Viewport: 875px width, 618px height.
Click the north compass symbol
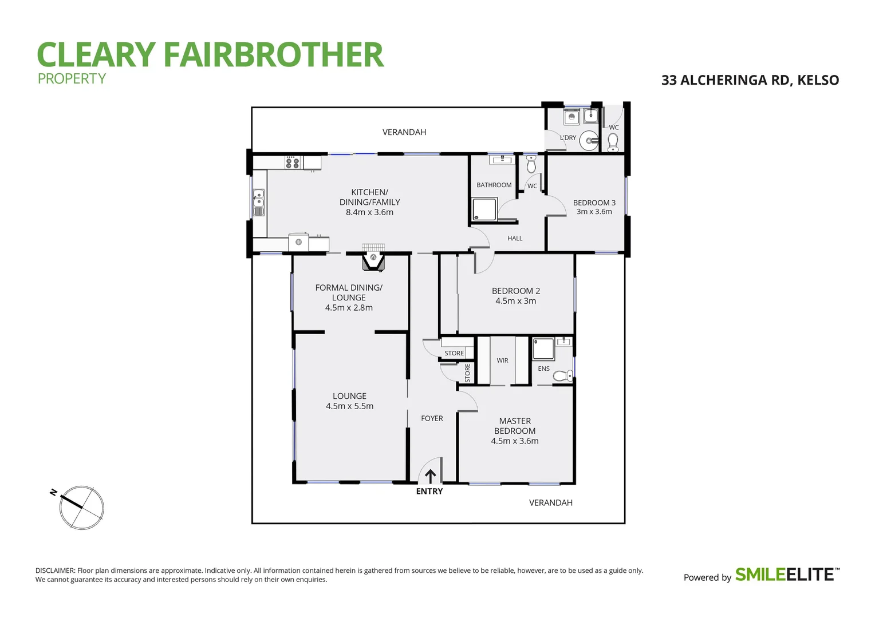(x=81, y=507)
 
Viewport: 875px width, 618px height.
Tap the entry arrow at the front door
(x=430, y=476)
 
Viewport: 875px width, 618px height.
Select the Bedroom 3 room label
(x=594, y=203)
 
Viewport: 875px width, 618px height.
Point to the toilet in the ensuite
(x=562, y=376)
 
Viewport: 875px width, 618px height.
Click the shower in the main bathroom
(x=483, y=210)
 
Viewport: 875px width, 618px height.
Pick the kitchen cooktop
(x=293, y=163)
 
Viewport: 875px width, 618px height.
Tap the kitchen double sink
(x=259, y=201)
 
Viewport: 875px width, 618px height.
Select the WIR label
(x=502, y=360)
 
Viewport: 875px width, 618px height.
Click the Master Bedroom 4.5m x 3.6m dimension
(x=514, y=441)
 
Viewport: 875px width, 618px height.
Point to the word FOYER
(x=432, y=418)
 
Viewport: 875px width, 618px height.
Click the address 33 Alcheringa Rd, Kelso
(x=750, y=80)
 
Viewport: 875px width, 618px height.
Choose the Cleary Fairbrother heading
(x=210, y=55)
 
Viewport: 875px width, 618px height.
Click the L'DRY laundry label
(x=567, y=138)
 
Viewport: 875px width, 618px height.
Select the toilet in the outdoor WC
(x=613, y=141)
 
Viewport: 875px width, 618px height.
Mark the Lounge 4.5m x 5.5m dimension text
(x=349, y=406)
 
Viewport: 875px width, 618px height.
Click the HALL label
(x=514, y=238)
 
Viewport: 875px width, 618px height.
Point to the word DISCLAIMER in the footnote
(x=55, y=571)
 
